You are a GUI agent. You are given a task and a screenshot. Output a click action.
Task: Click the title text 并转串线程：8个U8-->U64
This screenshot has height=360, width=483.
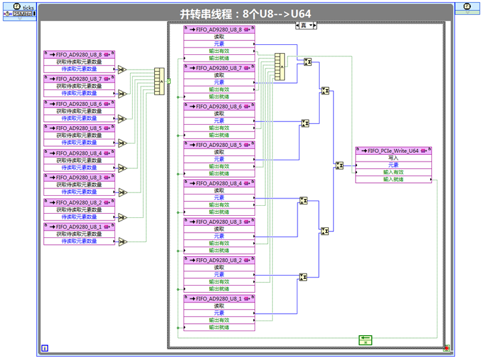point(245,13)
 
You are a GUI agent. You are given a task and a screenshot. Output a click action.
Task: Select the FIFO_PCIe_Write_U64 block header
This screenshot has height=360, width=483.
point(393,151)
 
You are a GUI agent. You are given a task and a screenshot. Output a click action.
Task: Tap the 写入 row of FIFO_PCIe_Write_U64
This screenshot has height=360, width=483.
point(393,158)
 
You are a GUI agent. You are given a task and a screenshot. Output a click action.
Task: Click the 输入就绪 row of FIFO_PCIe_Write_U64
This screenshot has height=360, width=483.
point(393,179)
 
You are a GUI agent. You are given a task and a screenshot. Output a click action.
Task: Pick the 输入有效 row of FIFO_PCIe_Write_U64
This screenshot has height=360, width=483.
point(393,172)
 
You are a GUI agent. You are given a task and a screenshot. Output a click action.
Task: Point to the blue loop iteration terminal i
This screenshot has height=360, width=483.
point(44,347)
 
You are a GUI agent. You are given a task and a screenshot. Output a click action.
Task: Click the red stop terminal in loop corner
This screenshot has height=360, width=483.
point(446,348)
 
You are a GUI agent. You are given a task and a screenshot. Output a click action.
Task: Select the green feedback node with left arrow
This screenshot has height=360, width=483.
point(364,339)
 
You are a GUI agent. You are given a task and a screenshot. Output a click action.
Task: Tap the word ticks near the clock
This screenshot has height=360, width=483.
point(28,7)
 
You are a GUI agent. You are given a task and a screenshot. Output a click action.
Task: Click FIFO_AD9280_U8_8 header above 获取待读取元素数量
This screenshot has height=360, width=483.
point(78,54)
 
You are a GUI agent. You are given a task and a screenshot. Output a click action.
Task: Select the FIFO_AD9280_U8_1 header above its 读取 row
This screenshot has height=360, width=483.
point(218,298)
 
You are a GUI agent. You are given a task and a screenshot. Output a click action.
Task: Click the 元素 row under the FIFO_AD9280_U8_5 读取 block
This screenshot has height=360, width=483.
point(218,159)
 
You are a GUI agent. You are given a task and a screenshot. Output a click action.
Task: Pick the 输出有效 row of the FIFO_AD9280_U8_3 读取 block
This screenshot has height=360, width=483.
point(218,243)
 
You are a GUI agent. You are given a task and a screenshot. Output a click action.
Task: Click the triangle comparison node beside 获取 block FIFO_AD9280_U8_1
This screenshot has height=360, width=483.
point(122,242)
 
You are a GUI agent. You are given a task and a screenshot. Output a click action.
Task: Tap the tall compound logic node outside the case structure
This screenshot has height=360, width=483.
point(159,81)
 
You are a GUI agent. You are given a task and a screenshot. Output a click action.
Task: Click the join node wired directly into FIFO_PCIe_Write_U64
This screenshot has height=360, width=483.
point(340,166)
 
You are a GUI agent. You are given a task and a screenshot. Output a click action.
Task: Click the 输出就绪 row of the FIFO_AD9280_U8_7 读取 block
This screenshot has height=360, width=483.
point(218,96)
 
